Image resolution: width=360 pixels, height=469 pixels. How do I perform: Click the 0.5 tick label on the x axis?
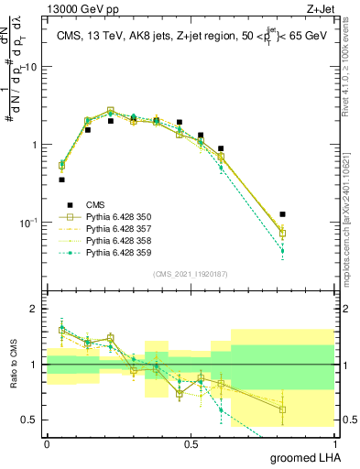point(191,442)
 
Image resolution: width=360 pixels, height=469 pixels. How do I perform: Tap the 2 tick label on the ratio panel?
point(34,310)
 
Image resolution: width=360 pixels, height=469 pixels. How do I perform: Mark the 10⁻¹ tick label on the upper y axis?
point(27,223)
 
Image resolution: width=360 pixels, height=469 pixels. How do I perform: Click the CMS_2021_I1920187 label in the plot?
point(190,274)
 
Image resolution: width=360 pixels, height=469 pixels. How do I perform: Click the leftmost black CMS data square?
point(61,180)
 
